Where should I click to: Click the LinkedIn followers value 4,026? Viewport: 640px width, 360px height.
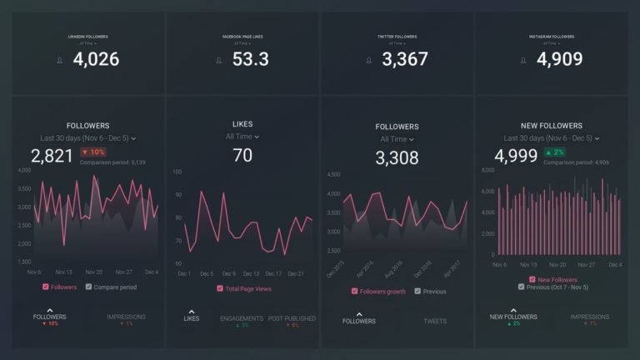click(96, 59)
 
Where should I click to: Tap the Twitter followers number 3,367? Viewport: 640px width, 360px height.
click(405, 59)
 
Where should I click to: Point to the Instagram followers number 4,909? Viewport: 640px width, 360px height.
click(559, 59)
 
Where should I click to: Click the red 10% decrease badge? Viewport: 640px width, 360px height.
click(93, 152)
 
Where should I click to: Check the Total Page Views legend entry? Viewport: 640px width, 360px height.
click(220, 288)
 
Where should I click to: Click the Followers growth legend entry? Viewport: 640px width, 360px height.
click(356, 292)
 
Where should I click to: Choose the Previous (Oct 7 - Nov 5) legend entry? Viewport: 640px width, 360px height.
click(521, 287)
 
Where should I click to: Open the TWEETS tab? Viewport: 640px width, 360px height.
click(434, 321)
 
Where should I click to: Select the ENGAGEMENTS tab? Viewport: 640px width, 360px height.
click(242, 318)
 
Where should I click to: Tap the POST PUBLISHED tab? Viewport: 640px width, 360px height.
click(292, 318)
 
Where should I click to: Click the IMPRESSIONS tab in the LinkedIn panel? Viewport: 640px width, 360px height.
click(127, 317)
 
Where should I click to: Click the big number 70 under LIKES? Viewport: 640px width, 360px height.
click(242, 155)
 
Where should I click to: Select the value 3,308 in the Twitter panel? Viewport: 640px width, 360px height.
click(397, 157)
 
